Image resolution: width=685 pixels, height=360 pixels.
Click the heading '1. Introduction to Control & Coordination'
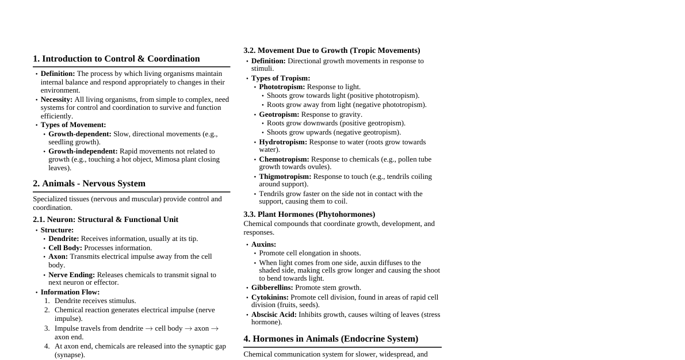click(x=116, y=59)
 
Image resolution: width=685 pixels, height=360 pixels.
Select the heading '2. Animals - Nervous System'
click(x=89, y=183)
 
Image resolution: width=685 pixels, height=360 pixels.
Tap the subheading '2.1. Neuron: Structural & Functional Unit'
click(x=105, y=220)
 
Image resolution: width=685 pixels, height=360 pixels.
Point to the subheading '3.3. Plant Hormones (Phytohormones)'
click(x=309, y=215)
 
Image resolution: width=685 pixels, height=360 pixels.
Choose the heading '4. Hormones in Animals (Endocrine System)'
click(x=331, y=339)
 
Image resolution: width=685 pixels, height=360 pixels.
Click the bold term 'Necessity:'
click(x=56, y=99)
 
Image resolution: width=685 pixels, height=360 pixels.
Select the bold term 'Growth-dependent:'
click(x=80, y=134)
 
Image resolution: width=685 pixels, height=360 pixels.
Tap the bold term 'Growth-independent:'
click(x=83, y=151)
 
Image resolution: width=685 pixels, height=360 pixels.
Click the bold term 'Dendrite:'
click(x=63, y=239)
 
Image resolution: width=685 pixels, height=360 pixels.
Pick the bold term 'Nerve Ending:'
click(x=71, y=275)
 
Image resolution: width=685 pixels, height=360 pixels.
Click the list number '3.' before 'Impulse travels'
click(x=47, y=328)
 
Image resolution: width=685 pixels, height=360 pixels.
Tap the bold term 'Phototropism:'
click(x=282, y=87)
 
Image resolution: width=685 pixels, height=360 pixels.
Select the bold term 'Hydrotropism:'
click(x=283, y=142)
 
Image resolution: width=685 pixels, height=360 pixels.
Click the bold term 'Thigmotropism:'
click(x=285, y=177)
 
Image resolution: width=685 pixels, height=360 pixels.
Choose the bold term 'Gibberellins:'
click(x=272, y=288)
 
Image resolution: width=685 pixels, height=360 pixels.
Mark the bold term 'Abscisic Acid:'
click(x=274, y=315)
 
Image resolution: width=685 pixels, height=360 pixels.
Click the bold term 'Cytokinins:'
click(x=270, y=297)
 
